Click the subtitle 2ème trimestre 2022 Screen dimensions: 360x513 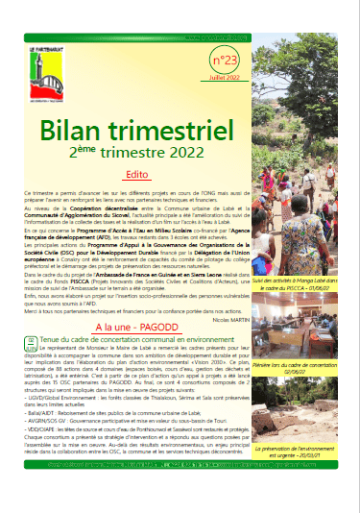tap(138, 150)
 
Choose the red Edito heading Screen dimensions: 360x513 tap(137, 175)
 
